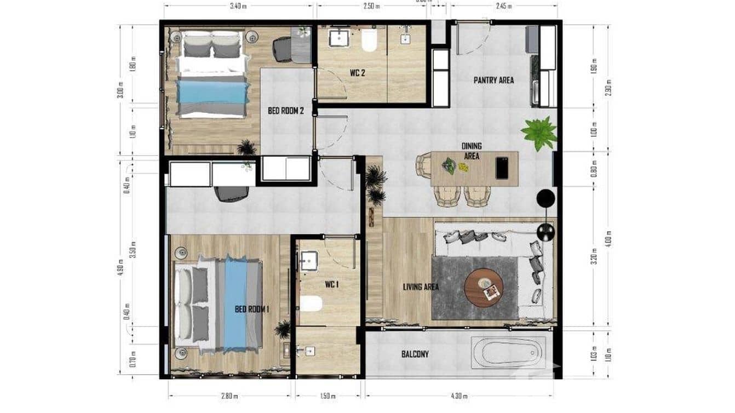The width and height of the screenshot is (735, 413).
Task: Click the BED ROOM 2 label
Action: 285,111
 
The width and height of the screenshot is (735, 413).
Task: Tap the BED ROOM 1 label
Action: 252,309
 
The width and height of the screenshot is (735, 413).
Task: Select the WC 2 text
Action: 358,73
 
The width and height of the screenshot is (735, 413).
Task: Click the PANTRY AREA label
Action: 493,80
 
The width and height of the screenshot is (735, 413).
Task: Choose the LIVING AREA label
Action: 421,286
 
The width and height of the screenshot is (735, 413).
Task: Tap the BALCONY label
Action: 415,354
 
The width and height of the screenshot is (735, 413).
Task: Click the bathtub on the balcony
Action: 508,353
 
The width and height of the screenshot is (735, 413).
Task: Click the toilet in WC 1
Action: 311,303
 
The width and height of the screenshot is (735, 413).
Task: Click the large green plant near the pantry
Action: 539,133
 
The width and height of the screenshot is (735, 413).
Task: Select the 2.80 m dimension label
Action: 230,396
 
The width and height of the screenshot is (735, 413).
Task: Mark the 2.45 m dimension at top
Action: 504,7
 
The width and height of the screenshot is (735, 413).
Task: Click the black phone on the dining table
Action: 502,168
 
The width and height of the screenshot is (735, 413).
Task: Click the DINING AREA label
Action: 472,151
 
